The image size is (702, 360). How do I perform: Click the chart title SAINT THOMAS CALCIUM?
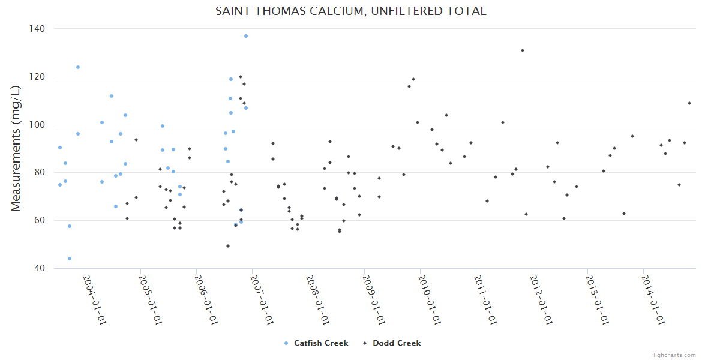tap(351, 11)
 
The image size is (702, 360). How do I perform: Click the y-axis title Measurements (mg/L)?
tap(16, 148)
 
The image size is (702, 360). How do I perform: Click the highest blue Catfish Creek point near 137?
tap(246, 36)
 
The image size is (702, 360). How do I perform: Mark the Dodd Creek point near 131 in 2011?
tap(523, 50)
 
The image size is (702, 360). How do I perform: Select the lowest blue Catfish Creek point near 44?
tap(70, 259)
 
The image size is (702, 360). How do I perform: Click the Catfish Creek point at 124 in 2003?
tap(78, 67)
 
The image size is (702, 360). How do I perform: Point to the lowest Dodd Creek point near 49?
tap(228, 246)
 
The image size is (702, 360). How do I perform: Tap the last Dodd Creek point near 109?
tap(689, 103)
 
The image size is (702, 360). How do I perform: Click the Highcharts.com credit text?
tap(673, 355)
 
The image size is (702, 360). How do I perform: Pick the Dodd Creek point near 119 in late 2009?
tap(413, 79)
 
